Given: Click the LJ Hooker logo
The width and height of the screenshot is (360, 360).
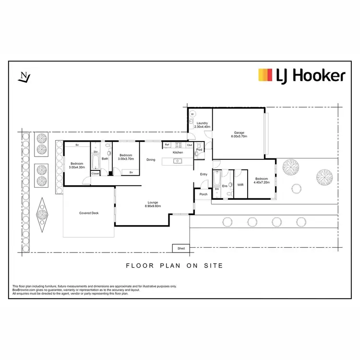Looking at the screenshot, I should click(x=301, y=75).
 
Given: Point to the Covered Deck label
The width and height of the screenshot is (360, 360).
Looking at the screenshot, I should click(x=89, y=213).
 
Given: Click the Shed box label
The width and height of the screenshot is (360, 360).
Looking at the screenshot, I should click(x=181, y=248).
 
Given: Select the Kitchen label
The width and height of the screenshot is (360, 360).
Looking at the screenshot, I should click(x=178, y=152).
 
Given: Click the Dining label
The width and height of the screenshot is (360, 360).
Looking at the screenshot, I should click(x=151, y=159).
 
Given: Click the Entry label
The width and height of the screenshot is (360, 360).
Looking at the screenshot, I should click(x=204, y=174).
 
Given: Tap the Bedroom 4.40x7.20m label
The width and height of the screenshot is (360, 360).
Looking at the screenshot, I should click(x=262, y=180).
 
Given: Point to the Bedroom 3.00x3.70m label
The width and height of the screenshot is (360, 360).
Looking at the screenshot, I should click(x=126, y=157).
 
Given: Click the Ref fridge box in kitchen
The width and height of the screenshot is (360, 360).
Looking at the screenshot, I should click(x=167, y=144).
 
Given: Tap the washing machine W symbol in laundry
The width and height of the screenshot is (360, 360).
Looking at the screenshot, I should click(x=193, y=114).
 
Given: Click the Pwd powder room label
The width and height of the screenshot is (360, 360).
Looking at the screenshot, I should click(x=199, y=150).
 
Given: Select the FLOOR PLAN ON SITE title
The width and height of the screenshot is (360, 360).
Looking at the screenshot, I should click(x=174, y=265).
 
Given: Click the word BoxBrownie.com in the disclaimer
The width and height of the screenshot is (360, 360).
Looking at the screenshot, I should click(x=22, y=289).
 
